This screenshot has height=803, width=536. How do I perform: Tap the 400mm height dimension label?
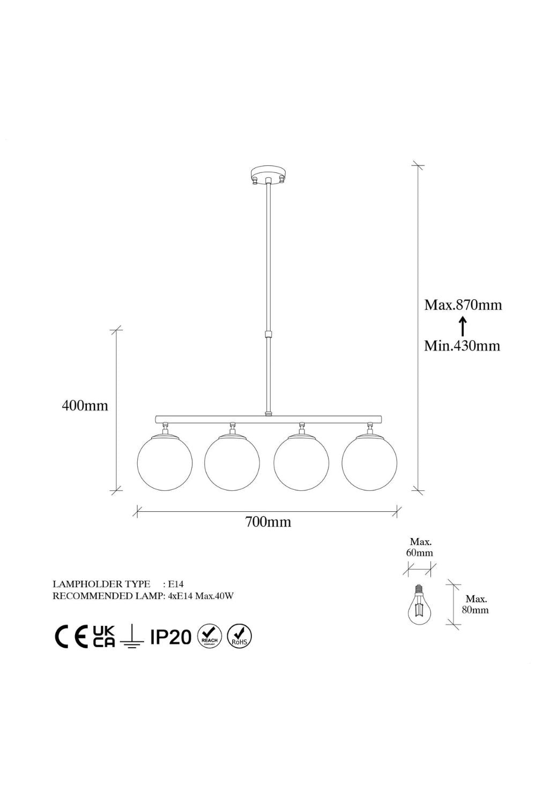85,405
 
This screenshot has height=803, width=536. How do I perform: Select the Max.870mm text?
463,305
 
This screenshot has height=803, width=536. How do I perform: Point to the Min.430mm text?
462,346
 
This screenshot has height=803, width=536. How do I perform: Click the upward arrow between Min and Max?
463,326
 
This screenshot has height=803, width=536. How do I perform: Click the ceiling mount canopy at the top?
269,175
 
